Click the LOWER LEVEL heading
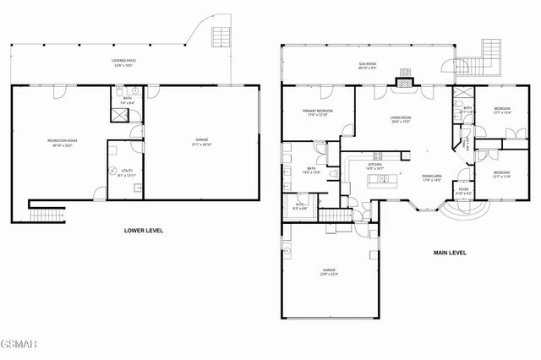click(x=143, y=231)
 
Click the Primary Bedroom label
click(x=318, y=113)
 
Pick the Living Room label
click(x=400, y=120)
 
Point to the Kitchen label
click(x=375, y=166)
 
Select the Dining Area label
click(x=433, y=177)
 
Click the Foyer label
click(x=463, y=191)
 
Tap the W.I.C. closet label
click(x=301, y=205)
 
